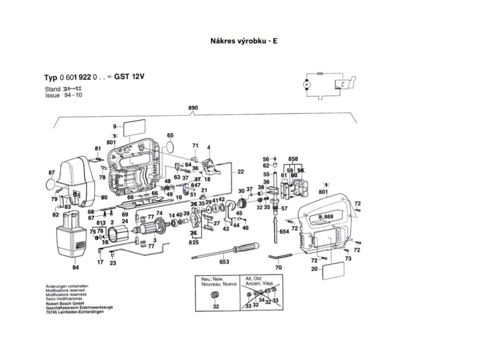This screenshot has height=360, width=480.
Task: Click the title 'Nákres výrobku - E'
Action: [244, 40]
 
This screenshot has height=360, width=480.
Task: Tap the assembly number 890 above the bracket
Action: [193, 108]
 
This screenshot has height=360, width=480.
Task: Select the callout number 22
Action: [240, 172]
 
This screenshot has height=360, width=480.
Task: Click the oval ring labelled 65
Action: [171, 147]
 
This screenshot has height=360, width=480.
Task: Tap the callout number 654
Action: [284, 232]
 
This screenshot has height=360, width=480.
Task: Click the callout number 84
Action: [75, 268]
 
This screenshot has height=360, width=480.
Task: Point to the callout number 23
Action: [113, 263]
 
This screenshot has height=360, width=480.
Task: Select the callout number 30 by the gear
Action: [241, 191]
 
